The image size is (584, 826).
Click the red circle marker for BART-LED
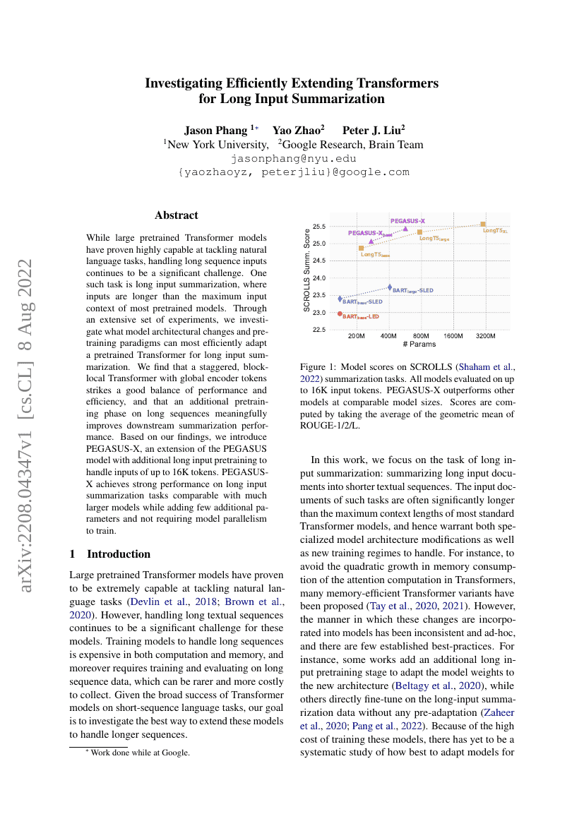[x=340, y=313]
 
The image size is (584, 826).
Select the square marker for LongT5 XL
[x=483, y=224]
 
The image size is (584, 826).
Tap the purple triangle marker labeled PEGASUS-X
[x=405, y=228]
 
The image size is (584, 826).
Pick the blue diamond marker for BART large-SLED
[x=390, y=287]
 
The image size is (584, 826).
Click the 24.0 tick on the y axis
[x=319, y=278]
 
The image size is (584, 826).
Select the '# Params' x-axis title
[x=419, y=345]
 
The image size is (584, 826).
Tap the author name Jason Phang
[x=216, y=130]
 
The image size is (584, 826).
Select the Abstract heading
[x=177, y=215]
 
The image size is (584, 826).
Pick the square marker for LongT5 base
[x=362, y=249]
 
